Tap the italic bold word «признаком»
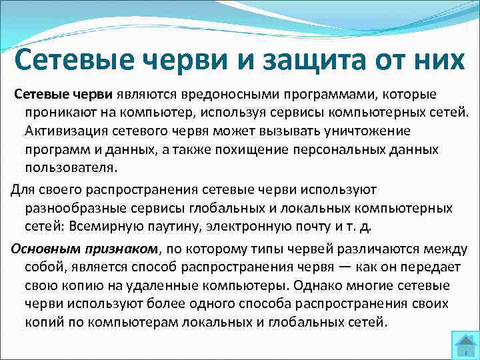click(x=126, y=249)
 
